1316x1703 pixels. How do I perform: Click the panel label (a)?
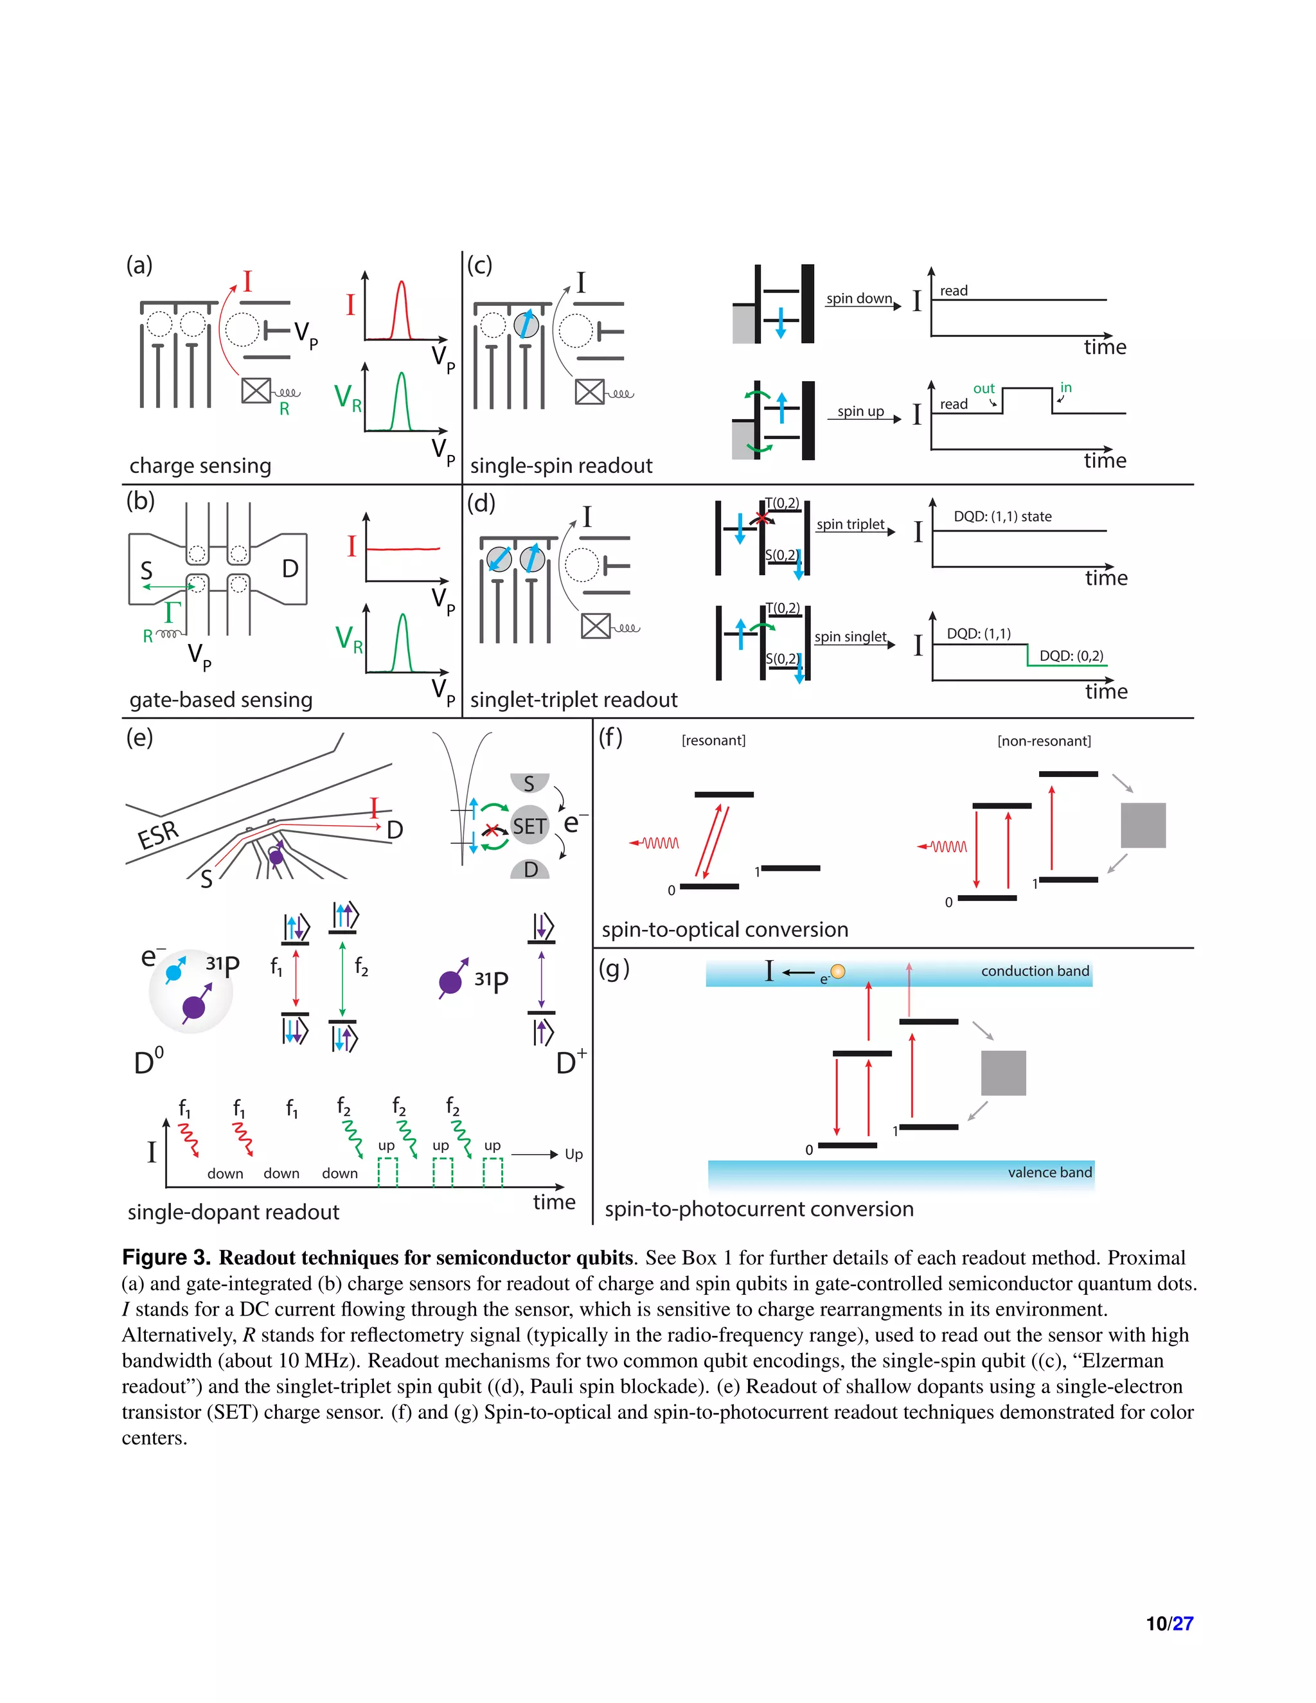139,265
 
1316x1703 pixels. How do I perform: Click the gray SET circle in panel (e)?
529,826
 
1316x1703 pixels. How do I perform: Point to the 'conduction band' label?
1035,971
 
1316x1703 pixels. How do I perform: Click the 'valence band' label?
1049,1172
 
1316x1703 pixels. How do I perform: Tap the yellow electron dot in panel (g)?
838,972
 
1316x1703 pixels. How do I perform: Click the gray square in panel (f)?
1143,825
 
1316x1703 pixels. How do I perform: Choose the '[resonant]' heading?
713,740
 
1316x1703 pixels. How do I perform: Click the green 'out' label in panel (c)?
984,388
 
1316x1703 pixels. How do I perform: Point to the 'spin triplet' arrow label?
851,524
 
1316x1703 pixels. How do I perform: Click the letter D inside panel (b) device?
290,569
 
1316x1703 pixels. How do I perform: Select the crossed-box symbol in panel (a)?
256,391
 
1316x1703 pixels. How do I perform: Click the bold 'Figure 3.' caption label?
166,1258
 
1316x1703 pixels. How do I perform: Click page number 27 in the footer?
1183,1623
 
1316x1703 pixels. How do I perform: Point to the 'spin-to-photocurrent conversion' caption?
759,1209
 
